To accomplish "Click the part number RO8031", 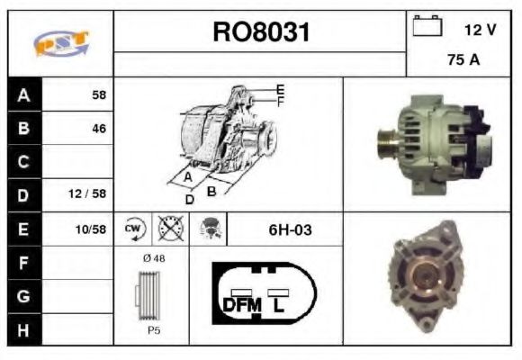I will coord(261,32).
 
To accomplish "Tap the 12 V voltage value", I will coord(480,30).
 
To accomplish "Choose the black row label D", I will coord(24,194).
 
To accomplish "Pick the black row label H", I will coord(24,328).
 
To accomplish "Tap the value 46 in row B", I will coord(98,129).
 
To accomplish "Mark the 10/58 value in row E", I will coord(91,229).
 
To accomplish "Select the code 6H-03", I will coord(290,229).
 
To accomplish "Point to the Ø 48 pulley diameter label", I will coord(154,258).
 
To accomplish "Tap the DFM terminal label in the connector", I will coord(240,305).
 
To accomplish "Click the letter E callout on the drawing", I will coord(280,89).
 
